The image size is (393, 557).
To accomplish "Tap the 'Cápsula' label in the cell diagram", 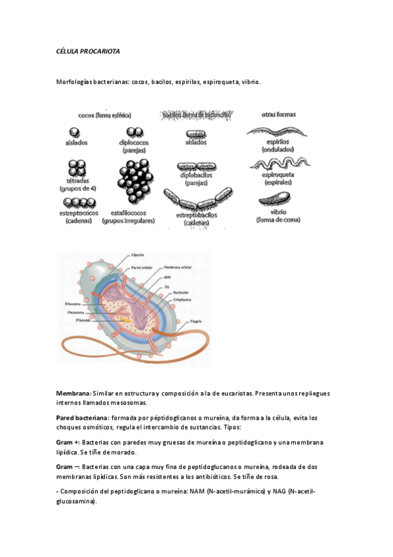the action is click(138, 254).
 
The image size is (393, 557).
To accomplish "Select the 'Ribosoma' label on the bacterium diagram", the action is click(73, 303).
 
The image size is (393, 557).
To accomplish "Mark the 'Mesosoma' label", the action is click(74, 313).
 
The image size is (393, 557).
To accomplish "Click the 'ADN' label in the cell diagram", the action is click(167, 277).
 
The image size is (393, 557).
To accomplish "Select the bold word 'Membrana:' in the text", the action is click(73, 393).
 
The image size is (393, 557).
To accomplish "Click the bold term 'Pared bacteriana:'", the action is click(81, 417).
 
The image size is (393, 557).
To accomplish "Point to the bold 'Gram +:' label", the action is click(68, 442).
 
